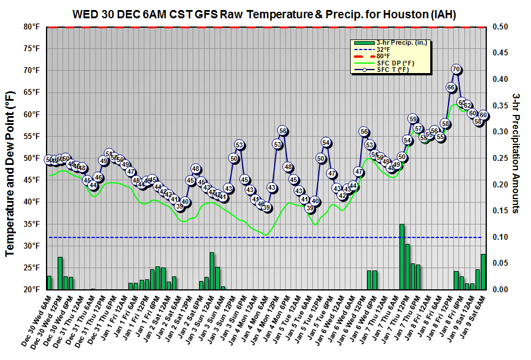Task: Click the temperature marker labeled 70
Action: pos(456,70)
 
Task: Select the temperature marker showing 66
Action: pos(451,87)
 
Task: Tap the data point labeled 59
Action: pos(413,119)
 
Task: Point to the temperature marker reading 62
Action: pos(467,105)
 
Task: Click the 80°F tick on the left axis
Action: pos(31,27)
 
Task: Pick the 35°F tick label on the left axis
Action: pos(31,224)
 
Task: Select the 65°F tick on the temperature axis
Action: pos(31,93)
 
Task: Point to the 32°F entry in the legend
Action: pos(384,49)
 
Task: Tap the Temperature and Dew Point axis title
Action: pos(10,173)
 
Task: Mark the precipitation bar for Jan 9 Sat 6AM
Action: pos(483,272)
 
